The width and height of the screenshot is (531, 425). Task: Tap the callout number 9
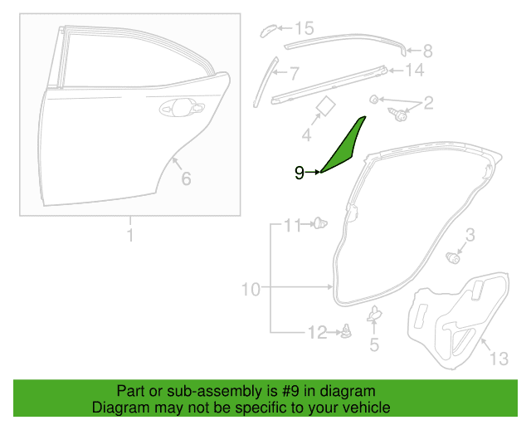click(x=299, y=173)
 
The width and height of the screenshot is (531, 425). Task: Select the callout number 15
click(x=304, y=28)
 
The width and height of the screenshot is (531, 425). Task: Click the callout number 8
click(x=428, y=51)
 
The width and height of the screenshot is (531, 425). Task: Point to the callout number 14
click(x=415, y=71)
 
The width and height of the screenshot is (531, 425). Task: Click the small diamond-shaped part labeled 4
click(x=325, y=106)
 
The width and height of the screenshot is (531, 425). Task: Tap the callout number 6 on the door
click(x=186, y=178)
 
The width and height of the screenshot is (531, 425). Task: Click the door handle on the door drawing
click(x=182, y=108)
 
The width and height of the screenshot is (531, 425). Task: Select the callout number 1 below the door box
click(x=130, y=235)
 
